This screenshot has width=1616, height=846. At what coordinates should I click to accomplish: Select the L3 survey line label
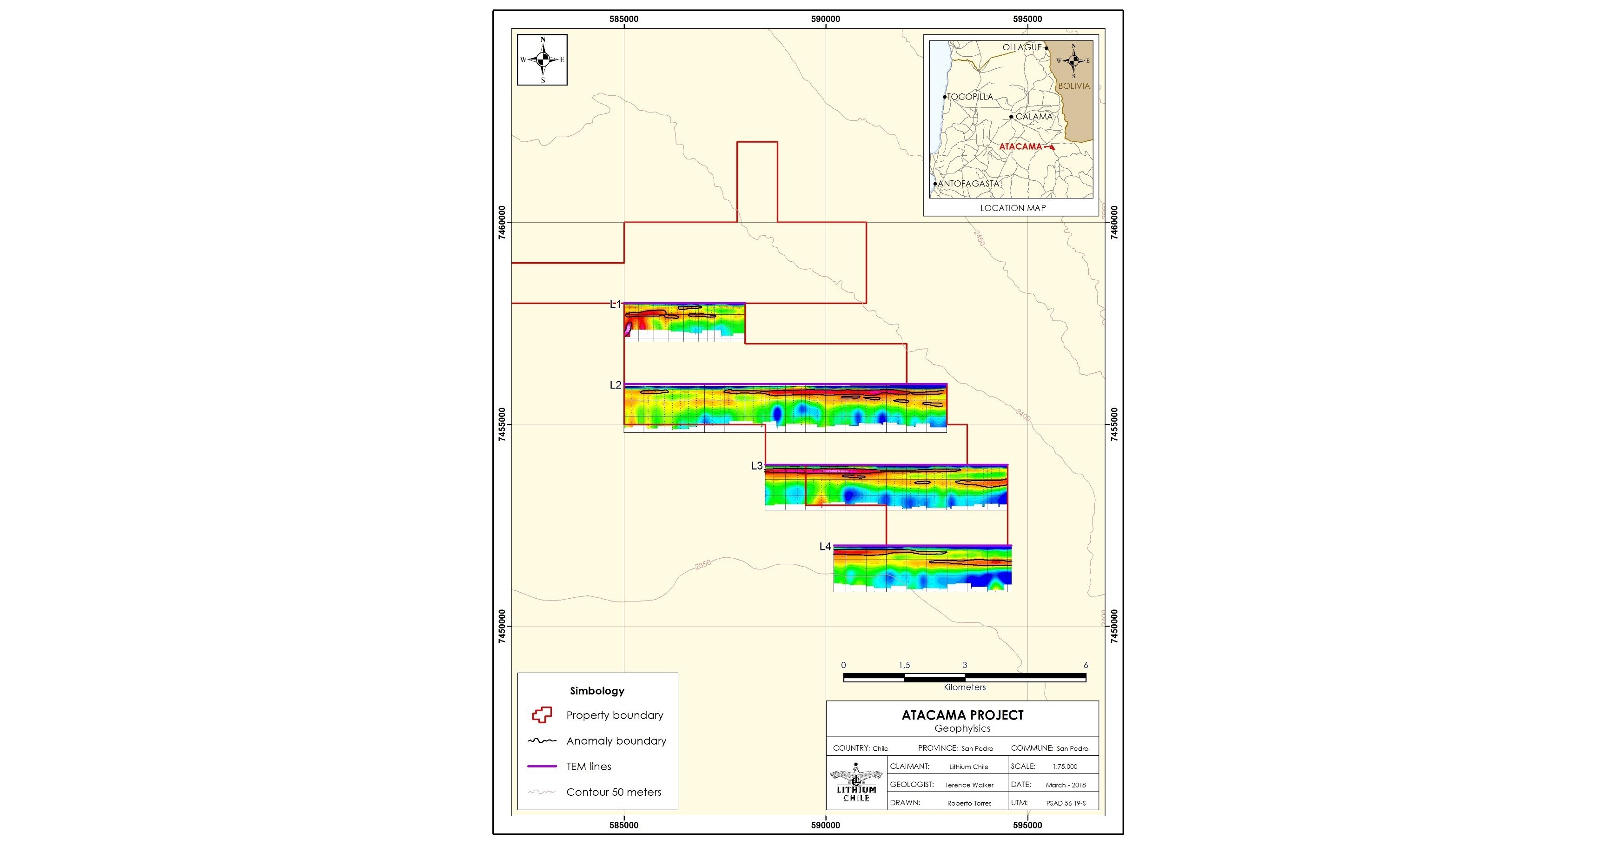coord(756,466)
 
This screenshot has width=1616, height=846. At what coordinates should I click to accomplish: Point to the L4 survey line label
coord(825,547)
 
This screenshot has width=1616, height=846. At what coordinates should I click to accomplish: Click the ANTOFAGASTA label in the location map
coord(968,184)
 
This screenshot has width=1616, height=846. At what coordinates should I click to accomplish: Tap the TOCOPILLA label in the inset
coord(970,97)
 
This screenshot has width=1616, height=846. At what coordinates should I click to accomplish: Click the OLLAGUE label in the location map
coord(1021,47)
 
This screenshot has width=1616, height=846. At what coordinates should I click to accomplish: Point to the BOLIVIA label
coord(1074,86)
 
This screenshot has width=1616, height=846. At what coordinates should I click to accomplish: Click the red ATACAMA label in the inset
coord(1020,147)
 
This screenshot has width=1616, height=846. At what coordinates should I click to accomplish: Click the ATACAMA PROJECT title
coord(962,715)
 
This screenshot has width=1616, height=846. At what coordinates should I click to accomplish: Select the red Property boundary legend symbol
coord(542,715)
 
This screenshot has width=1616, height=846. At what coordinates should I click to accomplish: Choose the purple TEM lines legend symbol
coord(542,767)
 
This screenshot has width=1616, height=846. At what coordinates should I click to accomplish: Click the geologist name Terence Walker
coord(969,785)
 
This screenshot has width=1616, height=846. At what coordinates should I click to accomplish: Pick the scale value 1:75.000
coord(1065,767)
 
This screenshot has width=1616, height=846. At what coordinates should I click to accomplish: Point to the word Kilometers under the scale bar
coord(964,687)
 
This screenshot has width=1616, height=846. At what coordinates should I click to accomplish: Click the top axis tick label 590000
coord(826,19)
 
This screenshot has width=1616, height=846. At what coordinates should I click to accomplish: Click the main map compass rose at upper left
coord(542,59)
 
